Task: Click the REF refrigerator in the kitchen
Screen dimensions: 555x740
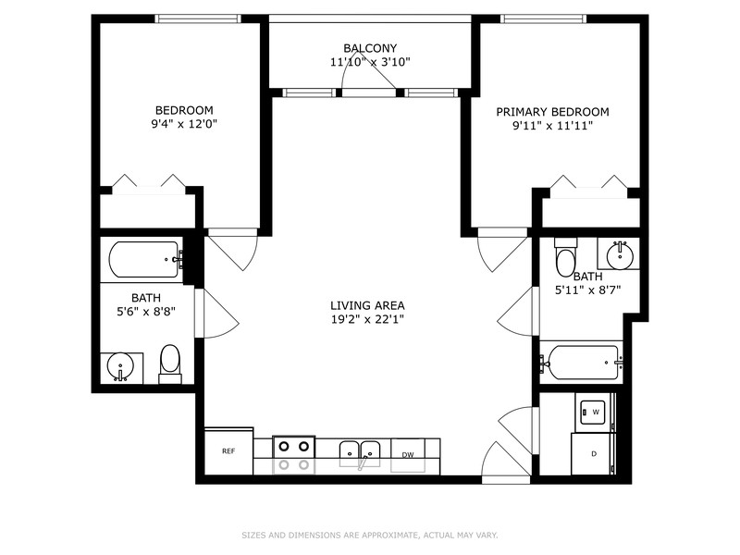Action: tap(228, 451)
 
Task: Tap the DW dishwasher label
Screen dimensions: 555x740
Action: tap(408, 454)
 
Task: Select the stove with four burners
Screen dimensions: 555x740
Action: tap(294, 453)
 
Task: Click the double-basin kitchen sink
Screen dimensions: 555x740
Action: tap(361, 452)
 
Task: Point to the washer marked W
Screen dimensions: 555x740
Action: tap(593, 412)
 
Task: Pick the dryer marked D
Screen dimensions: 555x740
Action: tap(593, 454)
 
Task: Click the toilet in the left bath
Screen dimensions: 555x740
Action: tap(170, 364)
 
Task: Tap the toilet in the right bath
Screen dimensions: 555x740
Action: tap(565, 258)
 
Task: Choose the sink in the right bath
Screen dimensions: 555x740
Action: tap(616, 253)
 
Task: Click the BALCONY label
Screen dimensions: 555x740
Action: tap(370, 48)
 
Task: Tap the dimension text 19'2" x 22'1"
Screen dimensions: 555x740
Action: tap(367, 319)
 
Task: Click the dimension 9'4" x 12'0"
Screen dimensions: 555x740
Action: tap(184, 123)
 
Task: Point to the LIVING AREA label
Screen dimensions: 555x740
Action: tap(367, 305)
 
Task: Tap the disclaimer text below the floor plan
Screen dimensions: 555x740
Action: tap(370, 535)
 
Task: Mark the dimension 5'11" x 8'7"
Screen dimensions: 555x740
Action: tap(587, 290)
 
